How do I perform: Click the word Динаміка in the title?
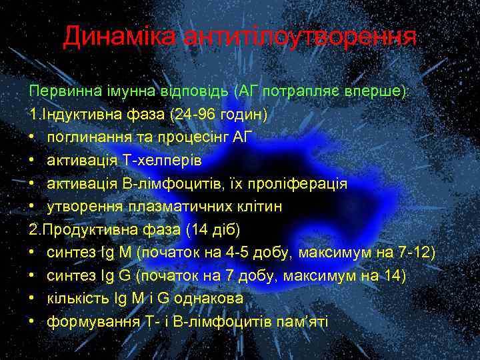111,38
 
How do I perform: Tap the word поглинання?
87,137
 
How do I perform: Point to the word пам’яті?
304,322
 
